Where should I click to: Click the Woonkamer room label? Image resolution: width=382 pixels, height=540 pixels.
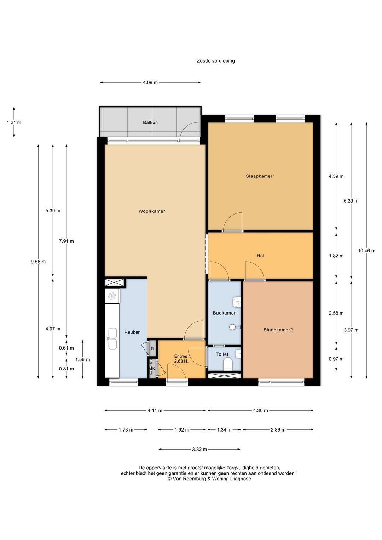151,211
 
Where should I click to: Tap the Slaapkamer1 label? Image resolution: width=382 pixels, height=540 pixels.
260,176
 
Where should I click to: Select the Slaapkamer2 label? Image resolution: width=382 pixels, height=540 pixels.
278,330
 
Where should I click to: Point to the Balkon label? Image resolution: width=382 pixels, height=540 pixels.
150,123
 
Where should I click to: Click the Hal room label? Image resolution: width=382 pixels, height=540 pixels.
260,256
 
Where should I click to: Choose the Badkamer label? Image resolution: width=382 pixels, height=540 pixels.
224,313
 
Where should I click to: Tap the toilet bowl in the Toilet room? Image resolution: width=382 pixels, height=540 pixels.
227,364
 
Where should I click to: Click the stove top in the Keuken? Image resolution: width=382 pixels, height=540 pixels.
112,296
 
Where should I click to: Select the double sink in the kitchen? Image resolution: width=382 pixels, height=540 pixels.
112,338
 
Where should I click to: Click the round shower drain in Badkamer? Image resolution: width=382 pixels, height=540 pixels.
232,327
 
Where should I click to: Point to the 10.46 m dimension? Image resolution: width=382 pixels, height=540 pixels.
366,251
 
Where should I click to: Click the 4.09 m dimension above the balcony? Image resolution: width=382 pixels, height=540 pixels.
150,82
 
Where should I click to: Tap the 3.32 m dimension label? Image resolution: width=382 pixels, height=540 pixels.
199,449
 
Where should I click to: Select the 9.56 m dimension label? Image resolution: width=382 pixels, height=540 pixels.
38,262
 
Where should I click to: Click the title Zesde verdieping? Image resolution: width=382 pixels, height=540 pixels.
216,61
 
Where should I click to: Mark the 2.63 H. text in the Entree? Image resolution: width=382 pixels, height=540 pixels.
181,362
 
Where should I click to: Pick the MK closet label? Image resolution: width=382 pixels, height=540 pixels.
152,369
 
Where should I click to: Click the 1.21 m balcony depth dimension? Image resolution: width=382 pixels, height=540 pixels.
14,123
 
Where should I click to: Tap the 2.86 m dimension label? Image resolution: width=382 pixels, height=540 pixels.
278,430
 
